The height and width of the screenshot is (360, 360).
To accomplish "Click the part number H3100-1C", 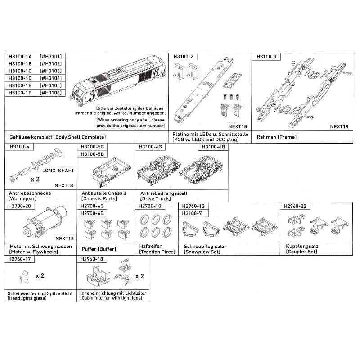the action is point(20,71).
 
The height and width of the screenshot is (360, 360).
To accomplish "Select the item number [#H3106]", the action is point(51,93).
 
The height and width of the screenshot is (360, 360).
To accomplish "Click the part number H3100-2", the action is point(184,57).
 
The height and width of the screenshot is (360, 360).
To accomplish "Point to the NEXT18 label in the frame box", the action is point(339,126).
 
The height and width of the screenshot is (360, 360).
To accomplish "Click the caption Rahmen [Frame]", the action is point(277,137).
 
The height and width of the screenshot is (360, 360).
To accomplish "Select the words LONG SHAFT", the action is point(58,171).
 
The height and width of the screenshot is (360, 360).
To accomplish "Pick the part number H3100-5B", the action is point(92,154).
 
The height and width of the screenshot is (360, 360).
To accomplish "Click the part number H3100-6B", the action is point(213,147).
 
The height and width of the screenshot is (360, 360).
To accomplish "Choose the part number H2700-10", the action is point(150,206).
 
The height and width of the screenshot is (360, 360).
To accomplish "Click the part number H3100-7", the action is point(192,213).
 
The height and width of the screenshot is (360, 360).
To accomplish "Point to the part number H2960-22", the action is point(295,206).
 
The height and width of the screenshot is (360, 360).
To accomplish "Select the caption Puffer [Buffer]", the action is point(99,249).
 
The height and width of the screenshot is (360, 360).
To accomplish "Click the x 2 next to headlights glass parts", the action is point(40,275).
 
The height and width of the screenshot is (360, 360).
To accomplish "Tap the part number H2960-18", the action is point(92,259).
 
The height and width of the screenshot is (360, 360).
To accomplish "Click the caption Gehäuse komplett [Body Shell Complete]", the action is point(58,137).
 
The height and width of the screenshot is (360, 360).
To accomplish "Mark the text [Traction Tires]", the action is point(157,252).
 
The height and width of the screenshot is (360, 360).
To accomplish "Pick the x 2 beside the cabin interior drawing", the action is point(139,276).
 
